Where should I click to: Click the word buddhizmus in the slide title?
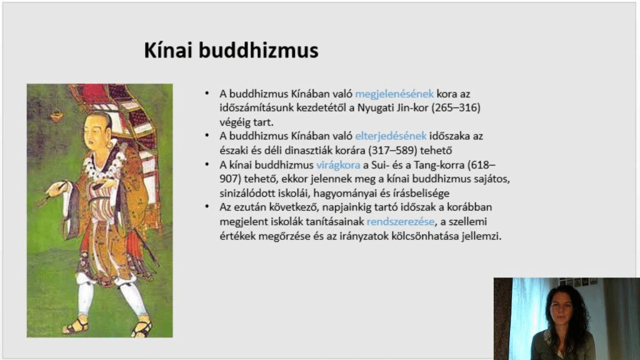259,51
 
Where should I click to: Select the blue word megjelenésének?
394,94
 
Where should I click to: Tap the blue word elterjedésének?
391,136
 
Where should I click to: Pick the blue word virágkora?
338,165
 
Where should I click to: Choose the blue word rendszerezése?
401,222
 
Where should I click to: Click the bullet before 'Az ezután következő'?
207,207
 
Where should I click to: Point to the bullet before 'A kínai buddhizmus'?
207,164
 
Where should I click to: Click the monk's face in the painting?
96,131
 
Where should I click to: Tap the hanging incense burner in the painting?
57,116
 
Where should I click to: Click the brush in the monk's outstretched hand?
53,193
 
